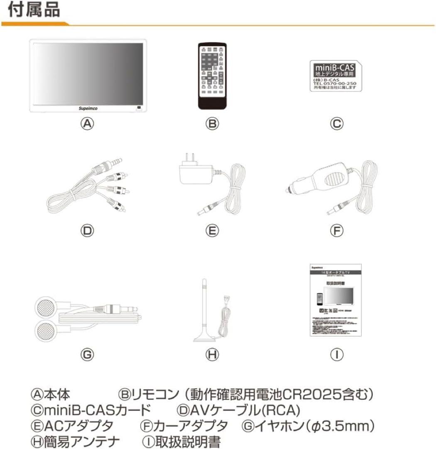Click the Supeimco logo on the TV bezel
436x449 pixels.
88,107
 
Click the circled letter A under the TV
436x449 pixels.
88,124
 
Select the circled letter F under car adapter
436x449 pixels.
337,230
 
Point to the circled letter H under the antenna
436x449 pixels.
212,355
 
